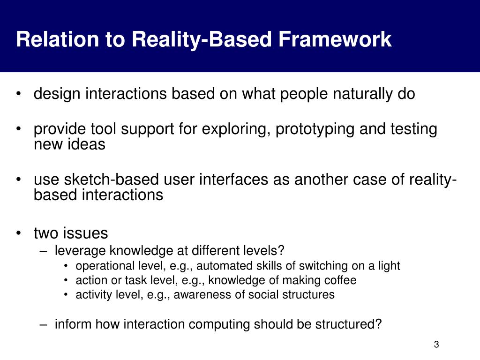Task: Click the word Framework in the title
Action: pyautogui.click(x=335, y=39)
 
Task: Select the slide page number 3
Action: pyautogui.click(x=436, y=345)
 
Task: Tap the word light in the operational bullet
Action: pyautogui.click(x=389, y=266)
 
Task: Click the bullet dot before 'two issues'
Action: pyautogui.click(x=19, y=233)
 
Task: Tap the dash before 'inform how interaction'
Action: pyautogui.click(x=44, y=324)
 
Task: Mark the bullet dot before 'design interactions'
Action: pyautogui.click(x=19, y=94)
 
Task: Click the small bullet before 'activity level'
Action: pyautogui.click(x=66, y=295)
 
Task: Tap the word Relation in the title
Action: pyautogui.click(x=57, y=39)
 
